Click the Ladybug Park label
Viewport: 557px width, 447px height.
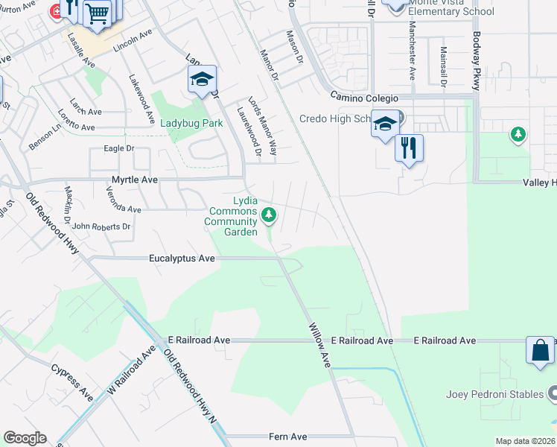click(x=191, y=123)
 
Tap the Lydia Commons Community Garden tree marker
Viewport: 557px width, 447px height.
click(x=270, y=216)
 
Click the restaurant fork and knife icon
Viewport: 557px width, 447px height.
click(x=409, y=147)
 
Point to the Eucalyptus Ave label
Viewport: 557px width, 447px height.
click(x=182, y=259)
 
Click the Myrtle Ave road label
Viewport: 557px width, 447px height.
click(x=135, y=180)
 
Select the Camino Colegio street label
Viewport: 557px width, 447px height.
click(x=365, y=98)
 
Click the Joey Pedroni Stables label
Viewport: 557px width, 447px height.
click(x=494, y=394)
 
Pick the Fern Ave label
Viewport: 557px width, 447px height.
click(x=288, y=437)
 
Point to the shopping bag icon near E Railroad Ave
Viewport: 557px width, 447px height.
click(x=540, y=351)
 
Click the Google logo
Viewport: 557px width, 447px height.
click(x=25, y=438)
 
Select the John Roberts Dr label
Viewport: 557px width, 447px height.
click(x=101, y=226)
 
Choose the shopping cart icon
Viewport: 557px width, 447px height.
click(x=97, y=13)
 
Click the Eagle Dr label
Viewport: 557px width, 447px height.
click(x=119, y=148)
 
